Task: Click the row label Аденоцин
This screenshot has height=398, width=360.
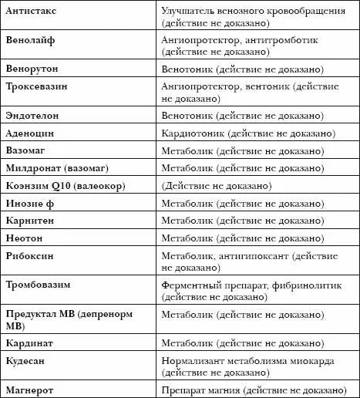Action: tap(28, 132)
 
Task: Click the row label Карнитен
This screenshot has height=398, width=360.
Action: tap(27, 221)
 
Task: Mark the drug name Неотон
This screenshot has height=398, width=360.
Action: tap(22, 238)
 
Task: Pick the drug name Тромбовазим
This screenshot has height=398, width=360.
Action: tap(38, 285)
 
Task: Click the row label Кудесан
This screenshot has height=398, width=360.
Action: tap(25, 360)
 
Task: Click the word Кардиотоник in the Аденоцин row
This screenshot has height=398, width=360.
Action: tap(190, 132)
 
